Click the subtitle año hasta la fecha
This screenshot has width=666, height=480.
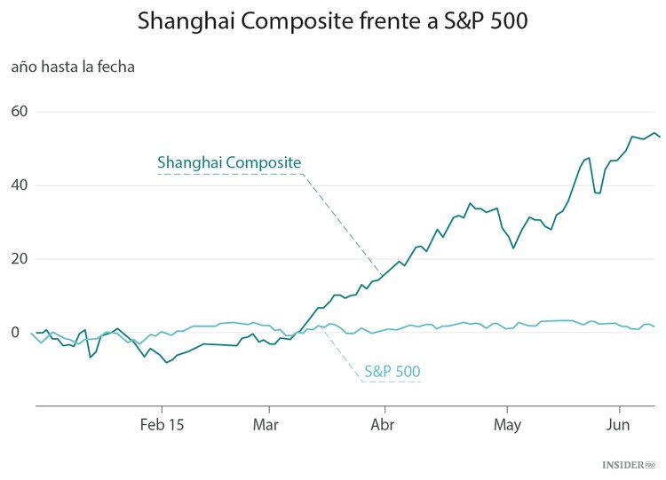(x=73, y=67)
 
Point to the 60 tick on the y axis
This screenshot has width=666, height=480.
(x=21, y=112)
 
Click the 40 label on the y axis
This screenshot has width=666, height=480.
(x=21, y=185)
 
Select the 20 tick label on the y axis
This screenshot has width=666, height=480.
(x=21, y=259)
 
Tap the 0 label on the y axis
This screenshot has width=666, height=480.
(x=16, y=333)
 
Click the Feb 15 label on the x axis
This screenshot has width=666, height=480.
(x=163, y=425)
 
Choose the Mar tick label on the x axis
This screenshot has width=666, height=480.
(x=266, y=425)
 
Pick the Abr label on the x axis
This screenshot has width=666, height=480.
(x=384, y=425)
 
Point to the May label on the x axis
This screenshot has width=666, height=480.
(x=506, y=425)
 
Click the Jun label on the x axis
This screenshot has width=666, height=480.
(x=619, y=425)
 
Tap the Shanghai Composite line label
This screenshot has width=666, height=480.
(x=229, y=162)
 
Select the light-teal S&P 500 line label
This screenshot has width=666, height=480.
(x=392, y=371)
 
